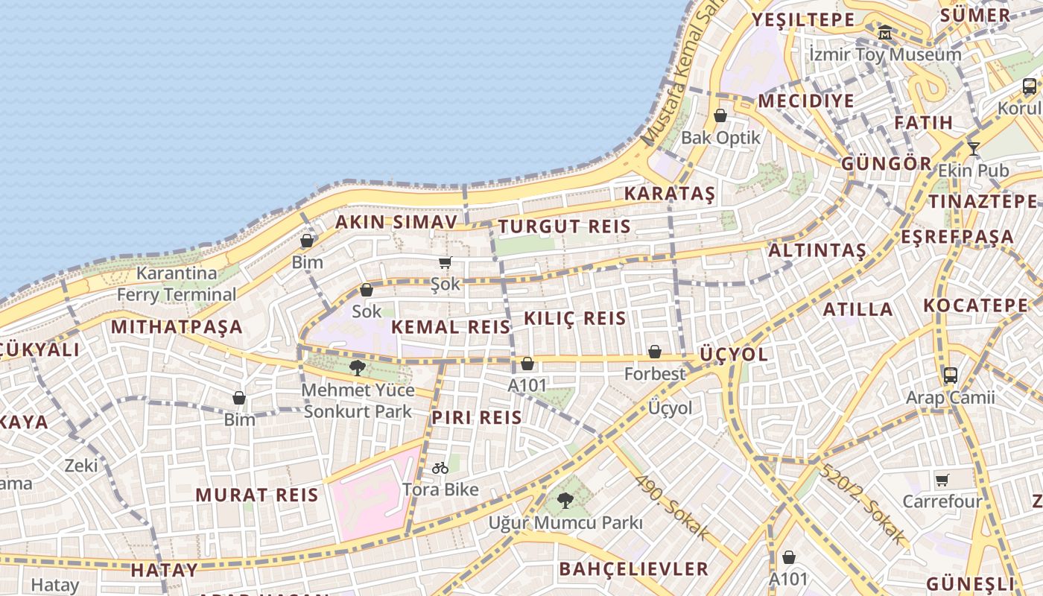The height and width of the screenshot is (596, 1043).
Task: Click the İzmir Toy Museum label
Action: [885, 54]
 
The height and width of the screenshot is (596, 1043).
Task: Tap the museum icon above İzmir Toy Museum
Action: [885, 33]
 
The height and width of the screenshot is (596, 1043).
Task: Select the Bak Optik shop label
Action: [721, 137]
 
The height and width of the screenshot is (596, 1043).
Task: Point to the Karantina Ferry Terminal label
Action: [177, 284]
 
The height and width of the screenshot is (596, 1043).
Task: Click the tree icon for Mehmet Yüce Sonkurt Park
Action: [358, 367]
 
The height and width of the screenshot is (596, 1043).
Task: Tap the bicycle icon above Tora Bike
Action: [440, 468]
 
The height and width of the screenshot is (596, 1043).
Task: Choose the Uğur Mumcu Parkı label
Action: [565, 522]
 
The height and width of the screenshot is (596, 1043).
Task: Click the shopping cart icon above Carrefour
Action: [942, 480]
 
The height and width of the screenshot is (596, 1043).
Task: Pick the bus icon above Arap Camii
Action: [950, 375]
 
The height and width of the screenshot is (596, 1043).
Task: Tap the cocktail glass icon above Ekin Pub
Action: [973, 149]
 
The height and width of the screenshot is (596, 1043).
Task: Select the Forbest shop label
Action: [655, 373]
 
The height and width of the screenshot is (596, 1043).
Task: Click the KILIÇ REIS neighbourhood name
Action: [575, 318]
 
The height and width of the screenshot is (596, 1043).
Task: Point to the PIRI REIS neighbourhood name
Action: [477, 417]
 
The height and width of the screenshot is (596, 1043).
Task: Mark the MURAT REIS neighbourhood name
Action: [257, 495]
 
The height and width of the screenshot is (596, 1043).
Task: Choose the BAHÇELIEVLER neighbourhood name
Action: [634, 569]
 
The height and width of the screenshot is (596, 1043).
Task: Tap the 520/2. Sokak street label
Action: [863, 502]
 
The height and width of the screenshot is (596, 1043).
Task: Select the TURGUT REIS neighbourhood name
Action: [564, 226]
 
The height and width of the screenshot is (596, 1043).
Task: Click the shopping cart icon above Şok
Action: [446, 262]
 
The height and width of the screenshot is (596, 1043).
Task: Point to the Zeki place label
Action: [81, 466]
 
